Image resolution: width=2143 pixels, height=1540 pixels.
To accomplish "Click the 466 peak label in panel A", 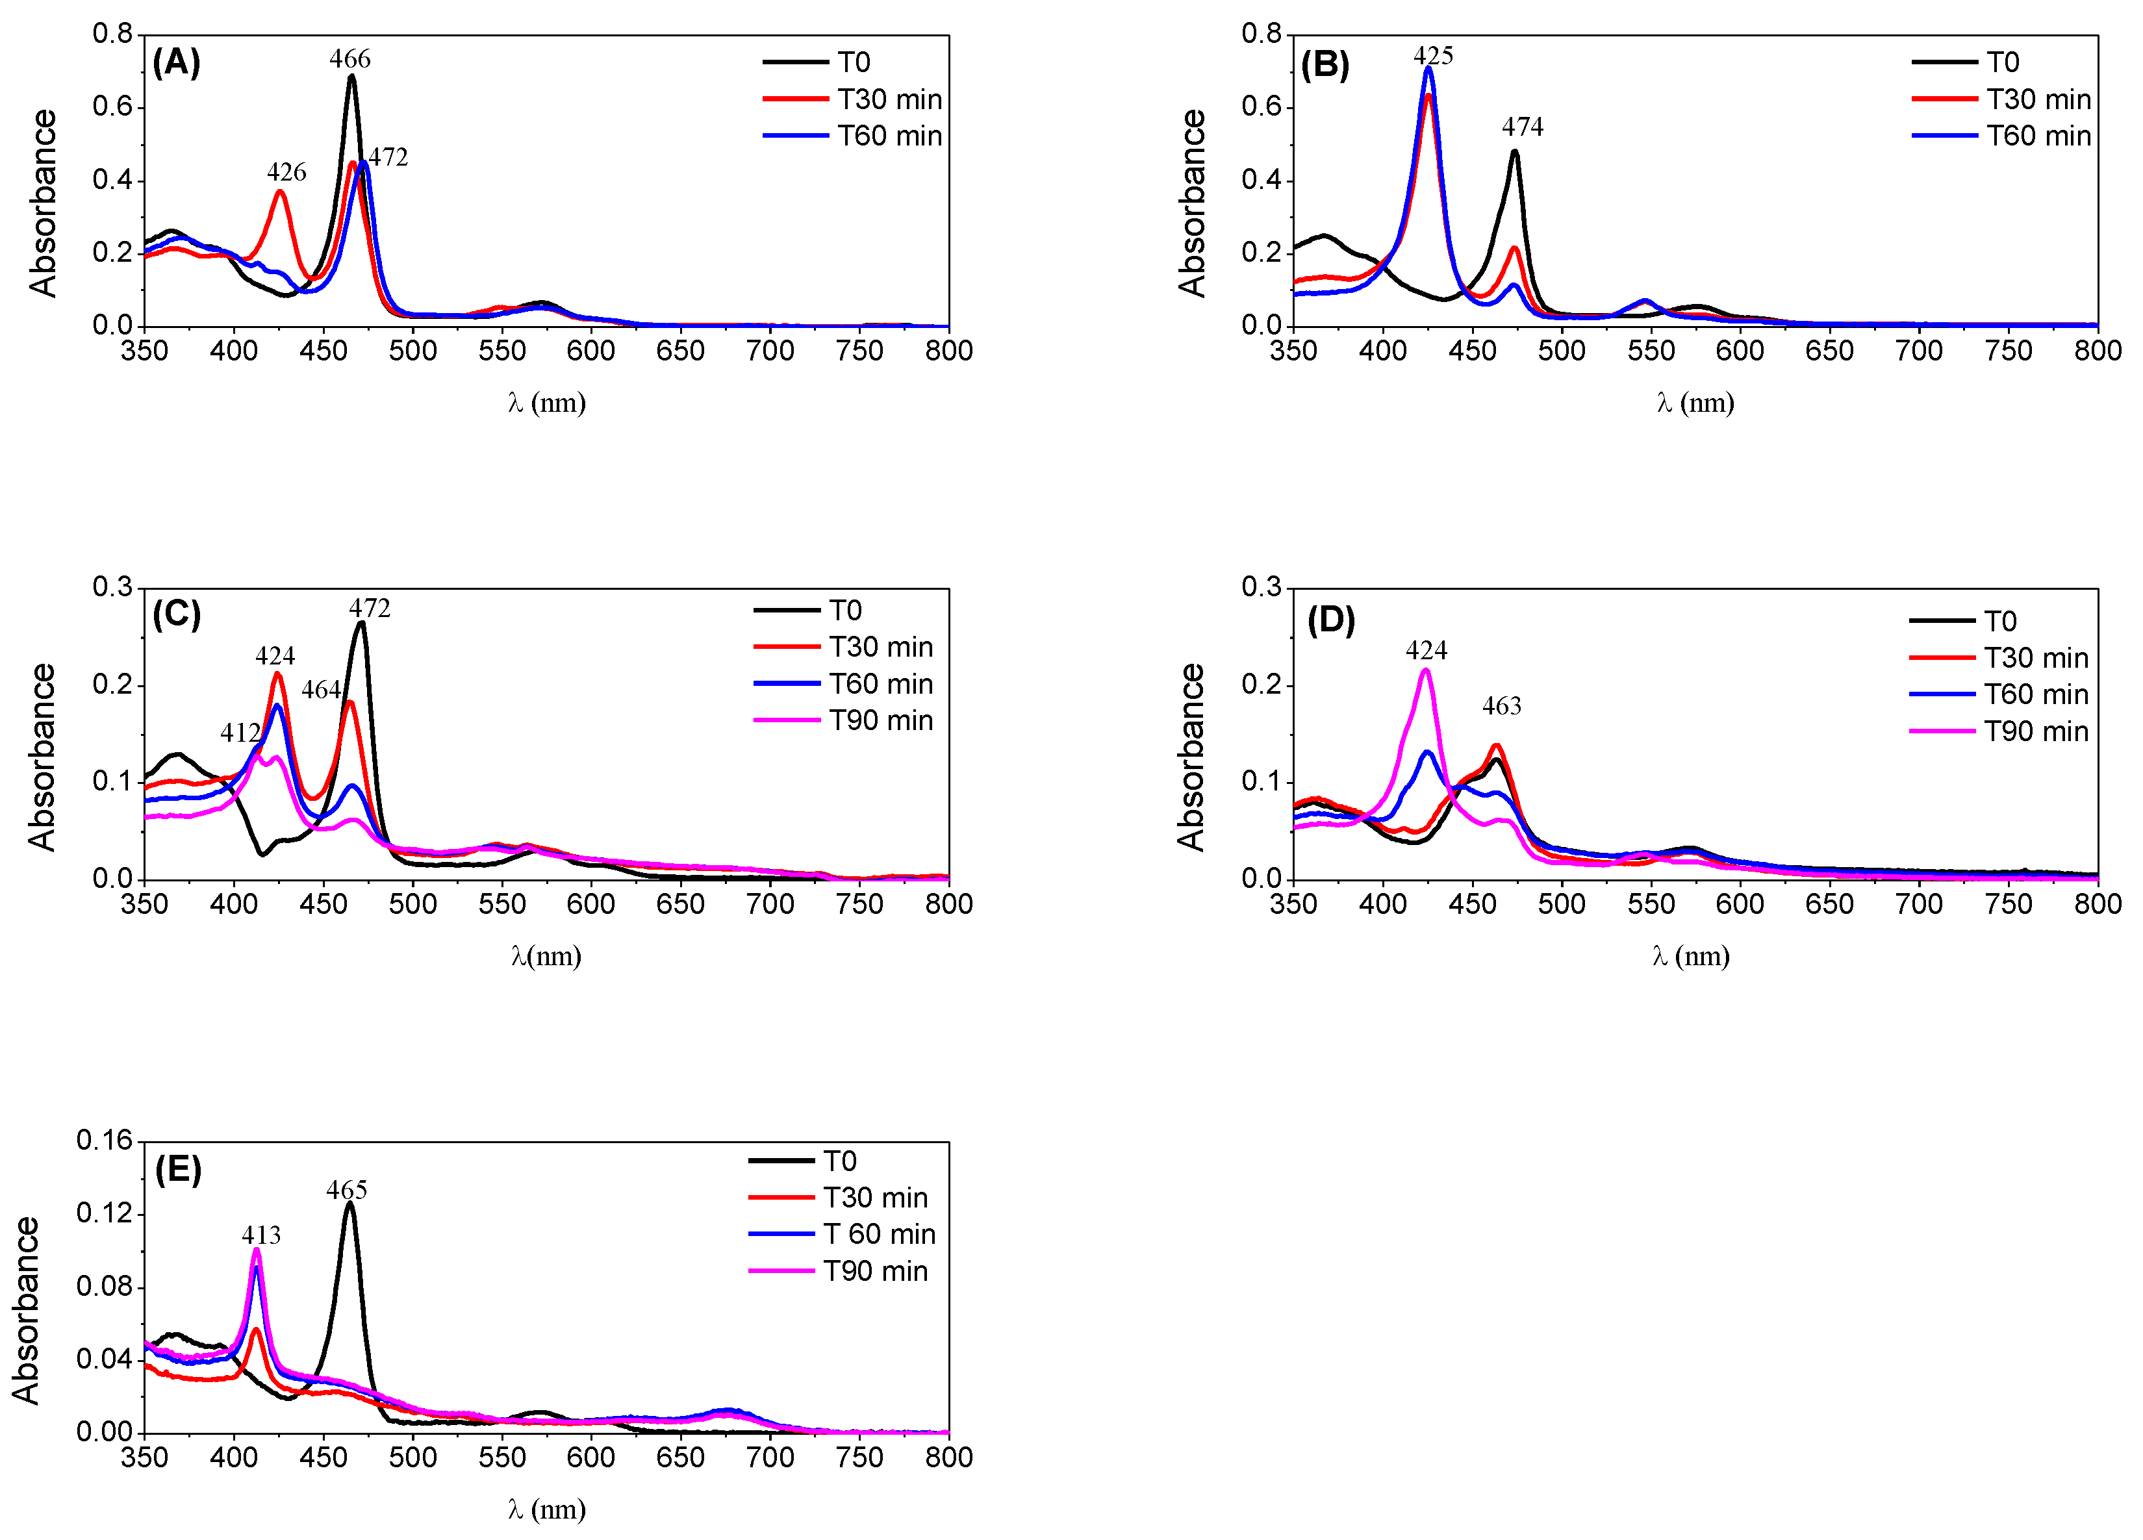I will pos(349,58).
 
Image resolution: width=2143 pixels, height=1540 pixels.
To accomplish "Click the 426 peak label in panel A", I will pos(286,172).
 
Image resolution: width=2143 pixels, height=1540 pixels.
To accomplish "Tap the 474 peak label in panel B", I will pos(1522,127).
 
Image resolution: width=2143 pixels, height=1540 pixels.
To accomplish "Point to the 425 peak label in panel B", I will pos(1432,56).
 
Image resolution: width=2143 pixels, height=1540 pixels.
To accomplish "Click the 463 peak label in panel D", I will pos(1501,706).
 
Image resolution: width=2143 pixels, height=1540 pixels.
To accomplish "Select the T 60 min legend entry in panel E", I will pos(879,1234).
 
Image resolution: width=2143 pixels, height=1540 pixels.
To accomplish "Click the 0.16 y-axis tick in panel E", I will pos(105,1141).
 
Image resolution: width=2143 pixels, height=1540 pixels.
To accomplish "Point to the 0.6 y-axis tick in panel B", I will pos(1262,107).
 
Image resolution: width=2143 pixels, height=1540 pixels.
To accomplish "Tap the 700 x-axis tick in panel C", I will pos(769,904).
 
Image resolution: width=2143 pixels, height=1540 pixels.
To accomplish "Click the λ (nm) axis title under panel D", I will pos(1690,956).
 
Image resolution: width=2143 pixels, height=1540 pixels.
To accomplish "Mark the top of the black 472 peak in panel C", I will pos(361,623).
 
